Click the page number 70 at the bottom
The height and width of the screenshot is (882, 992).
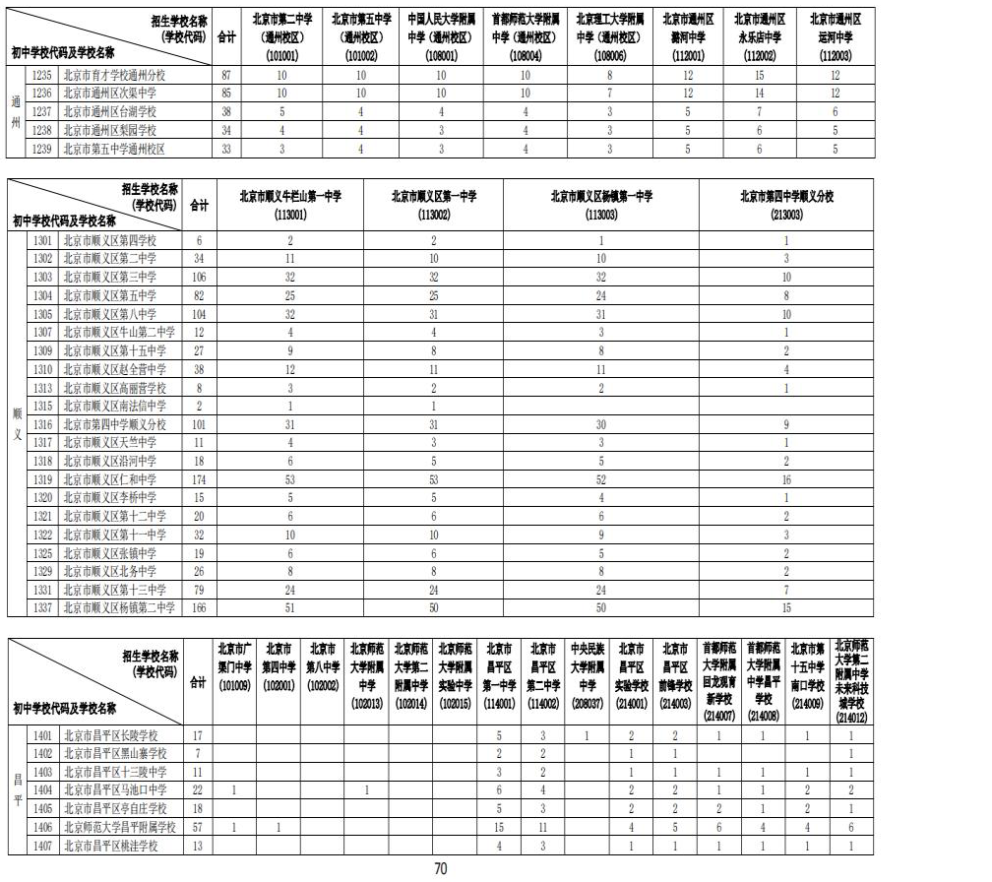pos(441,867)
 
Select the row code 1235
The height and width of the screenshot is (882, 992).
pos(42,74)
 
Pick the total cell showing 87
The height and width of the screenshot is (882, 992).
pos(226,74)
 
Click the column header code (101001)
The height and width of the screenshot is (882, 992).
pos(281,55)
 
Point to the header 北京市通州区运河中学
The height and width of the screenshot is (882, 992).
pos(835,28)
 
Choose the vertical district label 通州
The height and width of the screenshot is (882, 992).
pos(16,111)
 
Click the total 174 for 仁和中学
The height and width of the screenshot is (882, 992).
pos(200,478)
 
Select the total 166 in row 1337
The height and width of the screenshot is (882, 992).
pos(200,607)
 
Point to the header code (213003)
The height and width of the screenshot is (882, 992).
pos(786,214)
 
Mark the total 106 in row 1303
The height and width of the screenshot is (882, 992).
pos(200,277)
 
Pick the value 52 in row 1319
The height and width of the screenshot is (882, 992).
pos(600,478)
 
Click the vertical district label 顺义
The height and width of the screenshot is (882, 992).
pos(16,423)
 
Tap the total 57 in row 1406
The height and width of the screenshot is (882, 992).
pos(198,826)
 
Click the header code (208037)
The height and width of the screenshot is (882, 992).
pos(587,704)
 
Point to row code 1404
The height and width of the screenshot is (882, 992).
pos(42,789)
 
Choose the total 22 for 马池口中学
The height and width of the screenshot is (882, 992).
pos(198,789)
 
